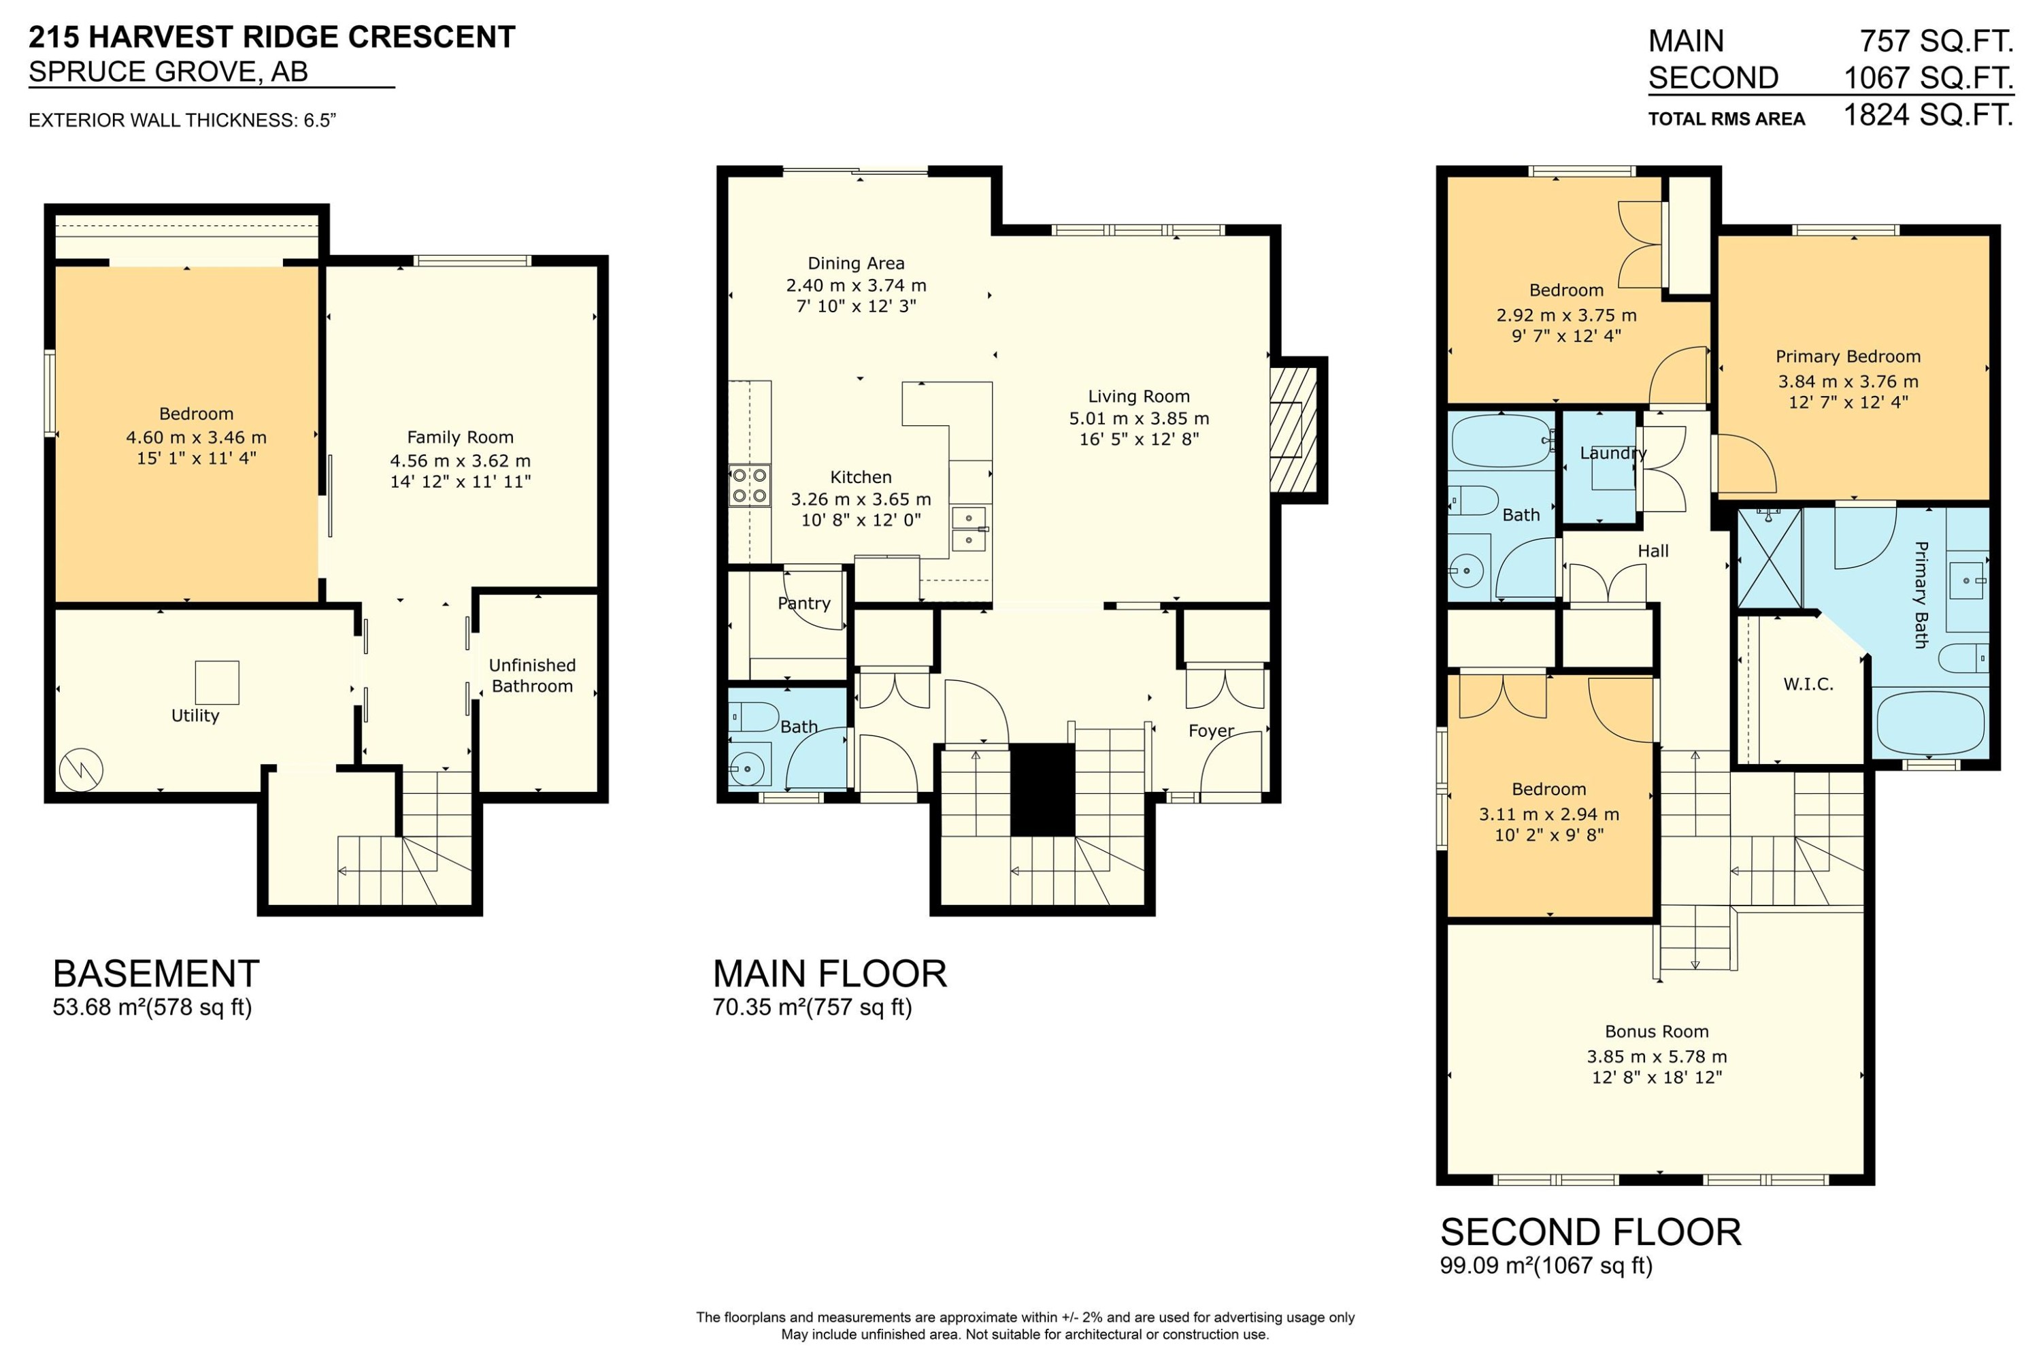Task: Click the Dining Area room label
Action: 855,263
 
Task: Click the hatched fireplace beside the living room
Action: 1293,430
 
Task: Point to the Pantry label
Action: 804,603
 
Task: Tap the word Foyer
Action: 1211,730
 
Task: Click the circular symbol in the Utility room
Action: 81,769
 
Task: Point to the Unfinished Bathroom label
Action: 532,676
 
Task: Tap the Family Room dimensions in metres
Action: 460,461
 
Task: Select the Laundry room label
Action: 1612,452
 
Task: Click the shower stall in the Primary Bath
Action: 1770,558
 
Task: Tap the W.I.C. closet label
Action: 1808,684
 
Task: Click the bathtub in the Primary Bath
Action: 1930,723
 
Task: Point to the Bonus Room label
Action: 1656,1031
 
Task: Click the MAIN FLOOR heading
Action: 829,974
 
